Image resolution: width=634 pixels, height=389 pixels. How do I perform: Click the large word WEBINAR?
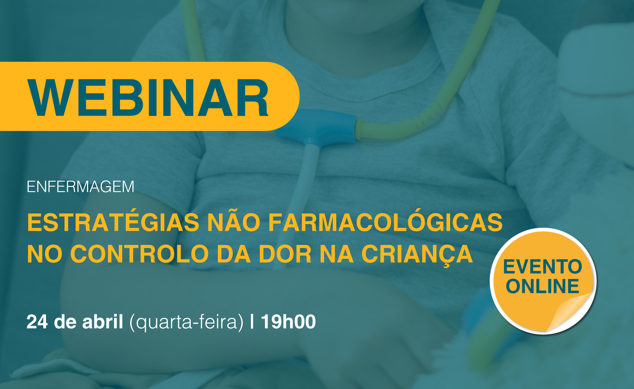148,98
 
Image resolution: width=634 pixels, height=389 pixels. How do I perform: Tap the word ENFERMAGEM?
81,187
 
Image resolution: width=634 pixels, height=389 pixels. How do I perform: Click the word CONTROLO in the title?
140,254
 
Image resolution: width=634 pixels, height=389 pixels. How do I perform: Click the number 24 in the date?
37,322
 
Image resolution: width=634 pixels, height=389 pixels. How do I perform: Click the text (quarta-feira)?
186,322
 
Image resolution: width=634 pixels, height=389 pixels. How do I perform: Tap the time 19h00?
288,321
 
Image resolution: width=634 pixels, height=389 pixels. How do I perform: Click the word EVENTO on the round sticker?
543,267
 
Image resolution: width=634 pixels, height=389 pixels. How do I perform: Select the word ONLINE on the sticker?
543,286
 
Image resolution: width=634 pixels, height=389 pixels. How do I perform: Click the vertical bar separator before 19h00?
252,321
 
